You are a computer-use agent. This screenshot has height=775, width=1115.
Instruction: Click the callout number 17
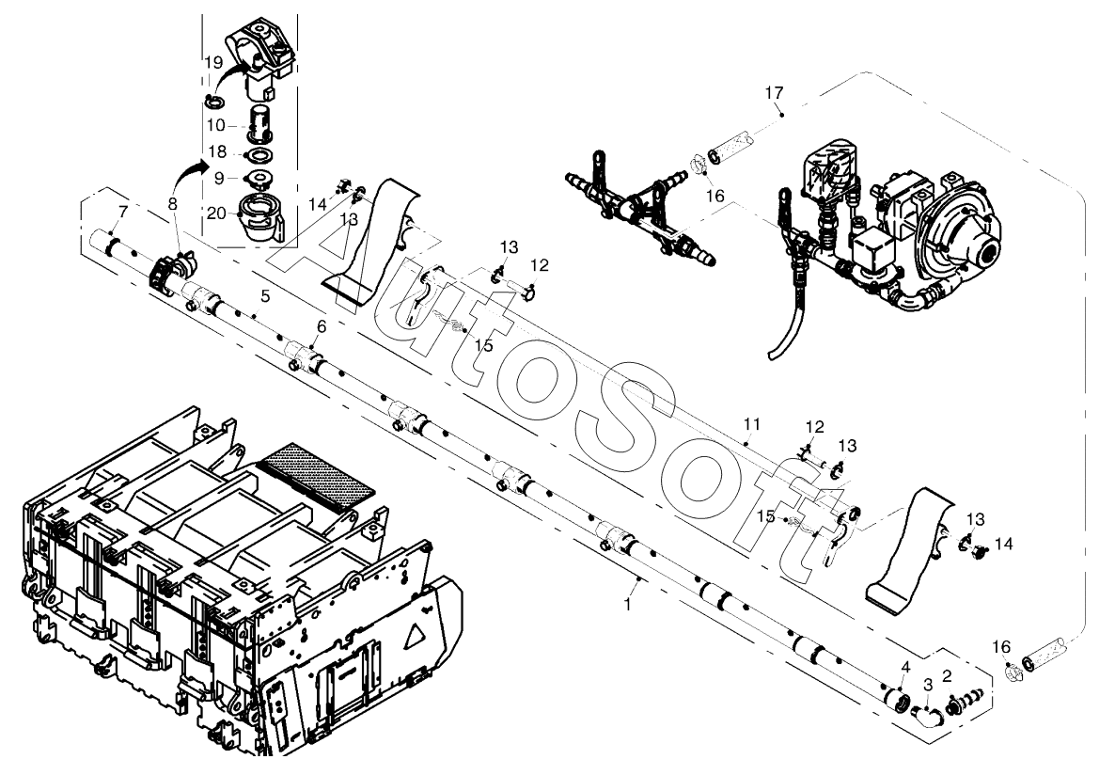[774, 92]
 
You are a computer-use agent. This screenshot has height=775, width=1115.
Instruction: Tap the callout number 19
[214, 63]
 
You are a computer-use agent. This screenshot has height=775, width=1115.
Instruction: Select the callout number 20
[217, 213]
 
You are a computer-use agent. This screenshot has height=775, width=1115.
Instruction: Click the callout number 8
[173, 203]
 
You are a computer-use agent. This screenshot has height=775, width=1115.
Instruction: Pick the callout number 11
[752, 424]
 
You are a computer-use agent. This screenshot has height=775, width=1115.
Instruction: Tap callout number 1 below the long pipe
[627, 604]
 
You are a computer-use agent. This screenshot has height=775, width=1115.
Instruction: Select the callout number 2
[947, 675]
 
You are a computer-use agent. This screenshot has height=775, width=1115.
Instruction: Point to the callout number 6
[322, 326]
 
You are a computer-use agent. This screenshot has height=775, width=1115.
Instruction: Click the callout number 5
[265, 296]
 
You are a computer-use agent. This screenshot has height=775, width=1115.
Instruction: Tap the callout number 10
[216, 125]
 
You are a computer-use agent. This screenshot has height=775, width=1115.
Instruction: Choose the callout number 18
[217, 151]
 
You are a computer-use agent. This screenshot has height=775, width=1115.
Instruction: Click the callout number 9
[219, 180]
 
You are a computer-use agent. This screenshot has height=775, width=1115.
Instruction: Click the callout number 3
[927, 685]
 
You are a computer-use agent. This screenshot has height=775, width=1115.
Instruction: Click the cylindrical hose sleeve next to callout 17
[726, 148]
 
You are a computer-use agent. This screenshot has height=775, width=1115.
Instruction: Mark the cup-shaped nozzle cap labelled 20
[260, 218]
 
